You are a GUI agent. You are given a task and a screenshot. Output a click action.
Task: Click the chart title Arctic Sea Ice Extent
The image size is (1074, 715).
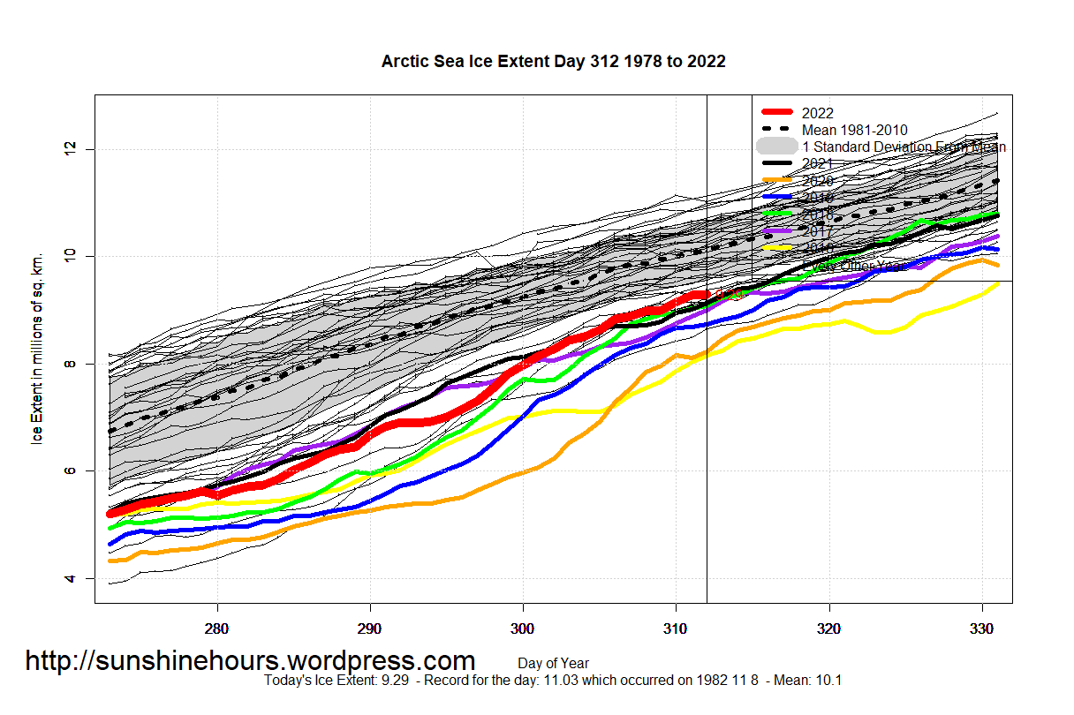553,61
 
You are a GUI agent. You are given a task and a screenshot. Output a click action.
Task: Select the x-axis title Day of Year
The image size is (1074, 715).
553,663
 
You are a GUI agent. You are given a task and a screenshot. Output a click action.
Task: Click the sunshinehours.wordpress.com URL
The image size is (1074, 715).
250,660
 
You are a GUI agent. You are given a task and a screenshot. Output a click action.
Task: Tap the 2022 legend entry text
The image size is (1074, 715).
817,113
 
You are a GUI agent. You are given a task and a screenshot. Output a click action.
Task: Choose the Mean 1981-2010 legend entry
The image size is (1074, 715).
854,130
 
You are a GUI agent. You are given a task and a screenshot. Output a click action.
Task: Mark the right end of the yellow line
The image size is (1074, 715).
998,283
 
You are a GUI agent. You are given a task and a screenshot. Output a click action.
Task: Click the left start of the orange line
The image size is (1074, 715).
110,561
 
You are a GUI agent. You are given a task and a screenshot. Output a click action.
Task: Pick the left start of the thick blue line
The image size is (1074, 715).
110,544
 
